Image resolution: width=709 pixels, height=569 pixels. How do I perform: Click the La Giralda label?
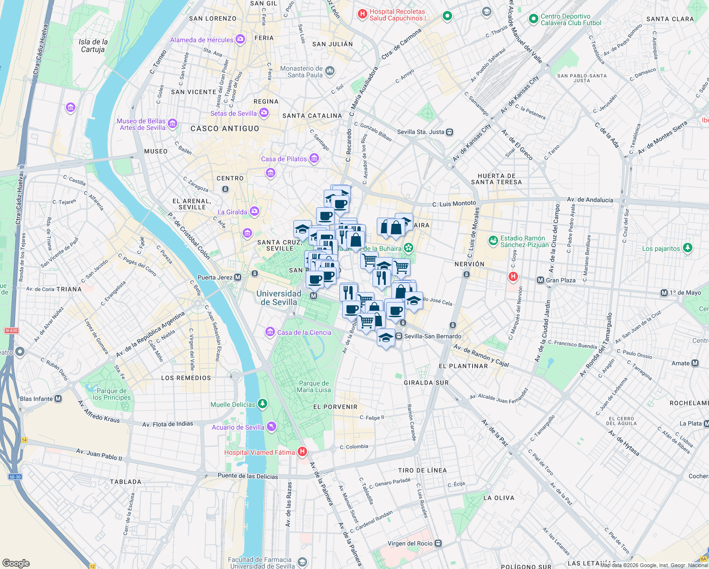tap(232, 212)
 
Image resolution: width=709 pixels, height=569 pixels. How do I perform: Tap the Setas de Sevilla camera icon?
tap(264, 113)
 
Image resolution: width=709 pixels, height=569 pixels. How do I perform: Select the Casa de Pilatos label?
tap(284, 159)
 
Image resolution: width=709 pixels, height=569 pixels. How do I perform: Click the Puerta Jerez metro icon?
tap(238, 277)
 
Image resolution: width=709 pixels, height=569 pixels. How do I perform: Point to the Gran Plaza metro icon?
tap(540, 280)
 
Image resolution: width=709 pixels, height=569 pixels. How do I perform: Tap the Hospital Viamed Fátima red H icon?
tap(302, 452)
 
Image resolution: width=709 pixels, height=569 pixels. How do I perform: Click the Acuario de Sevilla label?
tap(238, 427)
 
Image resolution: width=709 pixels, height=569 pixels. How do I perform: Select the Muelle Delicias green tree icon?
tap(262, 404)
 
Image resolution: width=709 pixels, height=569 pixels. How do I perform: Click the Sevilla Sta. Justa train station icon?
tap(449, 132)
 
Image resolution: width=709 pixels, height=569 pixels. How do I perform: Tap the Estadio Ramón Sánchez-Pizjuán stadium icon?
tap(493, 241)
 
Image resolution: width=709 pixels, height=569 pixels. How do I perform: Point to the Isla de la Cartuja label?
tap(93, 46)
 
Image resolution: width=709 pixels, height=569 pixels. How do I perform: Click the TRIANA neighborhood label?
tap(69, 289)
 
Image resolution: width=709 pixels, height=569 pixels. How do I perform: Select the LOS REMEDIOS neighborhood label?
tap(186, 378)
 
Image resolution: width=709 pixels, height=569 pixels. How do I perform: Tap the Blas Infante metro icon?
tap(58, 399)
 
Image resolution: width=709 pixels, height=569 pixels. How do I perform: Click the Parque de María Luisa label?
tap(314, 386)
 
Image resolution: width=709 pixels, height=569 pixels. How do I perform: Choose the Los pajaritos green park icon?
tap(688, 248)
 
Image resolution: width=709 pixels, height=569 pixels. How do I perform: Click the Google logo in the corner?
tap(16, 563)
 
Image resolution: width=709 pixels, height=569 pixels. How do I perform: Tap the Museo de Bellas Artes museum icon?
tap(173, 124)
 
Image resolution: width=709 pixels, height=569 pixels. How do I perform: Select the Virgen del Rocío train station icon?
tap(438, 543)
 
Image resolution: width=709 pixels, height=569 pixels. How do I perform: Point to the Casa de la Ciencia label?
tap(304, 332)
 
